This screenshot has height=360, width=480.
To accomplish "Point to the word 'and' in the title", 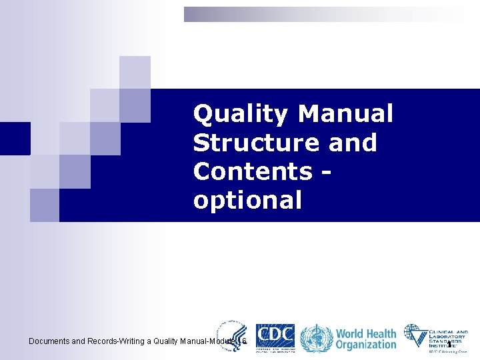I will [353, 143].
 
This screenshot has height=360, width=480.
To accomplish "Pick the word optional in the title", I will [247, 200].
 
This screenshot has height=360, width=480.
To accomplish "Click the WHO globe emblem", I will [314, 339].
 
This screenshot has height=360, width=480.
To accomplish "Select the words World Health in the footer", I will [365, 333].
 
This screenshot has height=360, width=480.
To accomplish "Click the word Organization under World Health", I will [365, 345].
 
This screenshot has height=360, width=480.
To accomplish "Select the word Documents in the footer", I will [49, 341].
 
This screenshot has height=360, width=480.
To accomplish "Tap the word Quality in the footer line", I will [165, 341].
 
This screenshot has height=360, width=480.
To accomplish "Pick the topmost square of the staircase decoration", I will [135, 72].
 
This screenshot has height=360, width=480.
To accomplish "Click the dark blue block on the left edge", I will [15, 138].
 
